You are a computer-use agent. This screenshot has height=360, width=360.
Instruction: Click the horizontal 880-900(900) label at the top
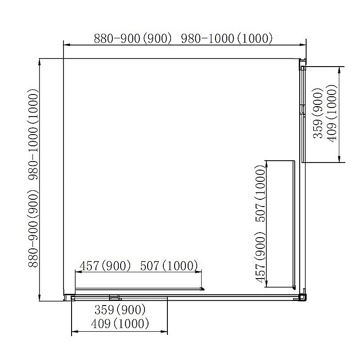[133, 38]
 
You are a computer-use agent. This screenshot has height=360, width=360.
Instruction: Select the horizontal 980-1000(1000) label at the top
[227, 38]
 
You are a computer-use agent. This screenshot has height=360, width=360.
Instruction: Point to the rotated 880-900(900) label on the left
[33, 228]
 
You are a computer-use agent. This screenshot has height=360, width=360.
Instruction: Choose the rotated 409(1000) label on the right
[332, 113]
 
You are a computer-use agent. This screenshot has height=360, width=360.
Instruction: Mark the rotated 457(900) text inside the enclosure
[260, 257]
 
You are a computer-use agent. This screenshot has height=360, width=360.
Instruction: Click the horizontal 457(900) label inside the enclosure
[105, 266]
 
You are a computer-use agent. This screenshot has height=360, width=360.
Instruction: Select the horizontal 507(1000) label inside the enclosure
[169, 266]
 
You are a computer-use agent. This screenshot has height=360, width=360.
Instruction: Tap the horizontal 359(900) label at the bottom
[120, 310]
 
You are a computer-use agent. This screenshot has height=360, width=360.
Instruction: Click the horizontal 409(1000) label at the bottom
[120, 323]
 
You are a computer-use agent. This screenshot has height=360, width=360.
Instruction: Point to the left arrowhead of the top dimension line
[67, 45]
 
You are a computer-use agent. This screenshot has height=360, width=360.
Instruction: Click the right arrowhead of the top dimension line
[303, 45]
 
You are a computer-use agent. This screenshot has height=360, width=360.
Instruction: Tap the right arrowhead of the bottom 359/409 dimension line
[164, 332]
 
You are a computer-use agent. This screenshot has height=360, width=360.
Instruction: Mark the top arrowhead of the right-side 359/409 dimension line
[340, 70]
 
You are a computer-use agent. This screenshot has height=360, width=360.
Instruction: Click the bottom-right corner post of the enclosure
[302, 297]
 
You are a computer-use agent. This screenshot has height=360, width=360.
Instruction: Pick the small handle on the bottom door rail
[116, 298]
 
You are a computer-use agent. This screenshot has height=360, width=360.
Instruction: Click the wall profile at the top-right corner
[302, 64]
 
